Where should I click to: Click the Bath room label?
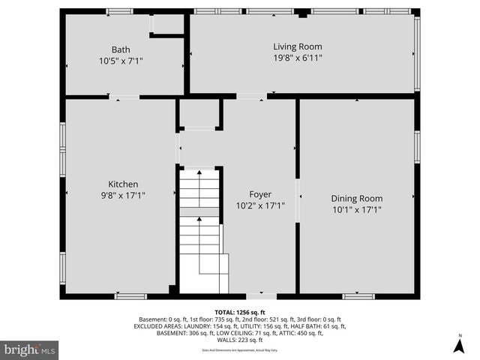pyautogui.click(x=121, y=49)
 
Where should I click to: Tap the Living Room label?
pyautogui.click(x=297, y=46)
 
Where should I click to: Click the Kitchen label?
pyautogui.click(x=123, y=184)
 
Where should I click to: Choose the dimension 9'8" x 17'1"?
pyautogui.click(x=123, y=195)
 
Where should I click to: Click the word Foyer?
pyautogui.click(x=260, y=194)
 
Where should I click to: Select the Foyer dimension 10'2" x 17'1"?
pyautogui.click(x=260, y=205)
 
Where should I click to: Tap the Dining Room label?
pyautogui.click(x=356, y=199)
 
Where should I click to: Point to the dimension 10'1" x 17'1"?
pyautogui.click(x=356, y=210)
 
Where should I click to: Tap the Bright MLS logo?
pyautogui.click(x=30, y=349)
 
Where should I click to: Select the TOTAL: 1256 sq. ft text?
pyautogui.click(x=240, y=312)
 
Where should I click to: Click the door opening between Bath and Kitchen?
pyautogui.click(x=124, y=97)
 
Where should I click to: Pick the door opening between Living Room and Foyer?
pyautogui.click(x=251, y=96)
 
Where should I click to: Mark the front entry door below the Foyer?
pyautogui.click(x=261, y=296)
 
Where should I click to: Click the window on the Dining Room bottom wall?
pyautogui.click(x=358, y=296)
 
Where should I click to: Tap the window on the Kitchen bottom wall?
pyautogui.click(x=130, y=296)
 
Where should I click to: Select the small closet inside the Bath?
pyautogui.click(x=168, y=25)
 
